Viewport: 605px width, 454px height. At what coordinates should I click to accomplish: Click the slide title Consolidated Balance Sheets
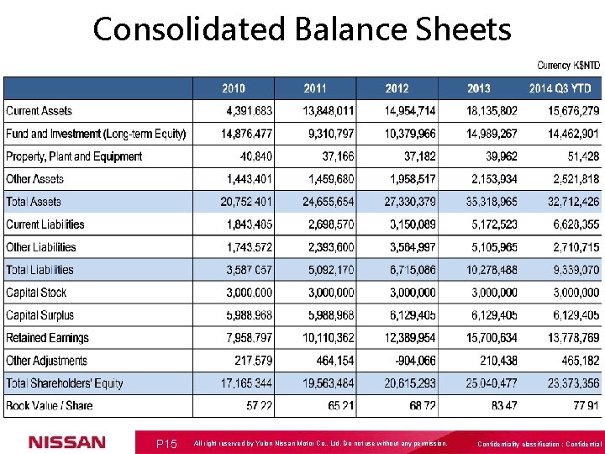[x=302, y=29]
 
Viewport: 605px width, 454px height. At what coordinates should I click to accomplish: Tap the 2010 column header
[x=234, y=88]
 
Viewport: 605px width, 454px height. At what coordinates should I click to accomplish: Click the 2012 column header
[x=397, y=88]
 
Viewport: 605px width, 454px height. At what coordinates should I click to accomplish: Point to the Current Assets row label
[x=39, y=111]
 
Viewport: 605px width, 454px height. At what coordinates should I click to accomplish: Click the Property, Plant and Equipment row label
[x=74, y=156]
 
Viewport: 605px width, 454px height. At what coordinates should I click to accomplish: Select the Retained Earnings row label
[x=47, y=338]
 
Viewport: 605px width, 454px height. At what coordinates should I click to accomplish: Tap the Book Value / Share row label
[x=50, y=406]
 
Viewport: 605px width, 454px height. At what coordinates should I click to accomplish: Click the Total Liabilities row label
[x=39, y=270]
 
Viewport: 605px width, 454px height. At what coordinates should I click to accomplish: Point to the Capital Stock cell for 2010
[x=250, y=293]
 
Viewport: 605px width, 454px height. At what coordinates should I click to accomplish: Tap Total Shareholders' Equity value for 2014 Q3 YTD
[x=569, y=383]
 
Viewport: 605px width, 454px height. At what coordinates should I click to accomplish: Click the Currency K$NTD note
[x=568, y=65]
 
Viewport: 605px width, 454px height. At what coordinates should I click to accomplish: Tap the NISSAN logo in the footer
[x=67, y=442]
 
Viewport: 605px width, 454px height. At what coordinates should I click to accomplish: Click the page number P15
[x=166, y=443]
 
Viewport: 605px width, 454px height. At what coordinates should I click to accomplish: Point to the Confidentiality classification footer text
[x=539, y=444]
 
